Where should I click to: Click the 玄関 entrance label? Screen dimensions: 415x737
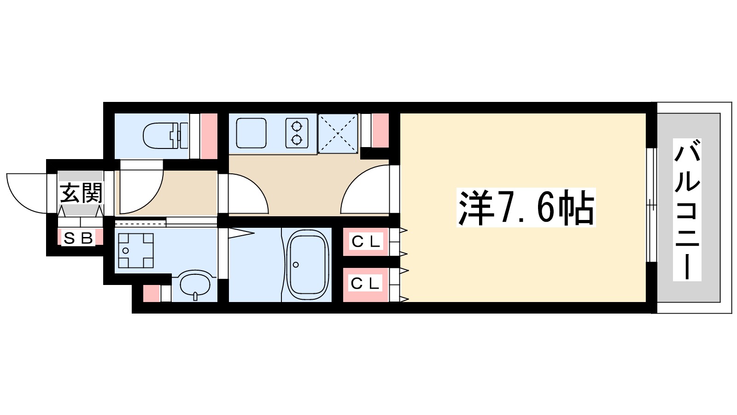[x=81, y=193]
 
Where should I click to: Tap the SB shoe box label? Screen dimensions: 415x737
[x=78, y=238]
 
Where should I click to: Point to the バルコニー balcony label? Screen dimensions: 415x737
[x=687, y=210]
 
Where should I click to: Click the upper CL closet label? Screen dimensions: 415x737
[x=366, y=241]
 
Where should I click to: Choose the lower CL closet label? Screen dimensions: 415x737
[x=366, y=283]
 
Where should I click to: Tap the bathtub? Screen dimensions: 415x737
[x=308, y=265]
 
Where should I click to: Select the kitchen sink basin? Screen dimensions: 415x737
[x=251, y=133]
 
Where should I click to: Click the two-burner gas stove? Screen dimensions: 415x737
[x=297, y=133]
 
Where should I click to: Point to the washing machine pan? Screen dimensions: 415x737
[x=136, y=250]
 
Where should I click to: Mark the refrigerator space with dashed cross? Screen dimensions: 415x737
[x=338, y=133]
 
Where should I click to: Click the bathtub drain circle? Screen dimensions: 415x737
[x=296, y=265]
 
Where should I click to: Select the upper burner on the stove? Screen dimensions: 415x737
[x=297, y=125]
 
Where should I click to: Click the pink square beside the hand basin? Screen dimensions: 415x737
[x=151, y=294]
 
